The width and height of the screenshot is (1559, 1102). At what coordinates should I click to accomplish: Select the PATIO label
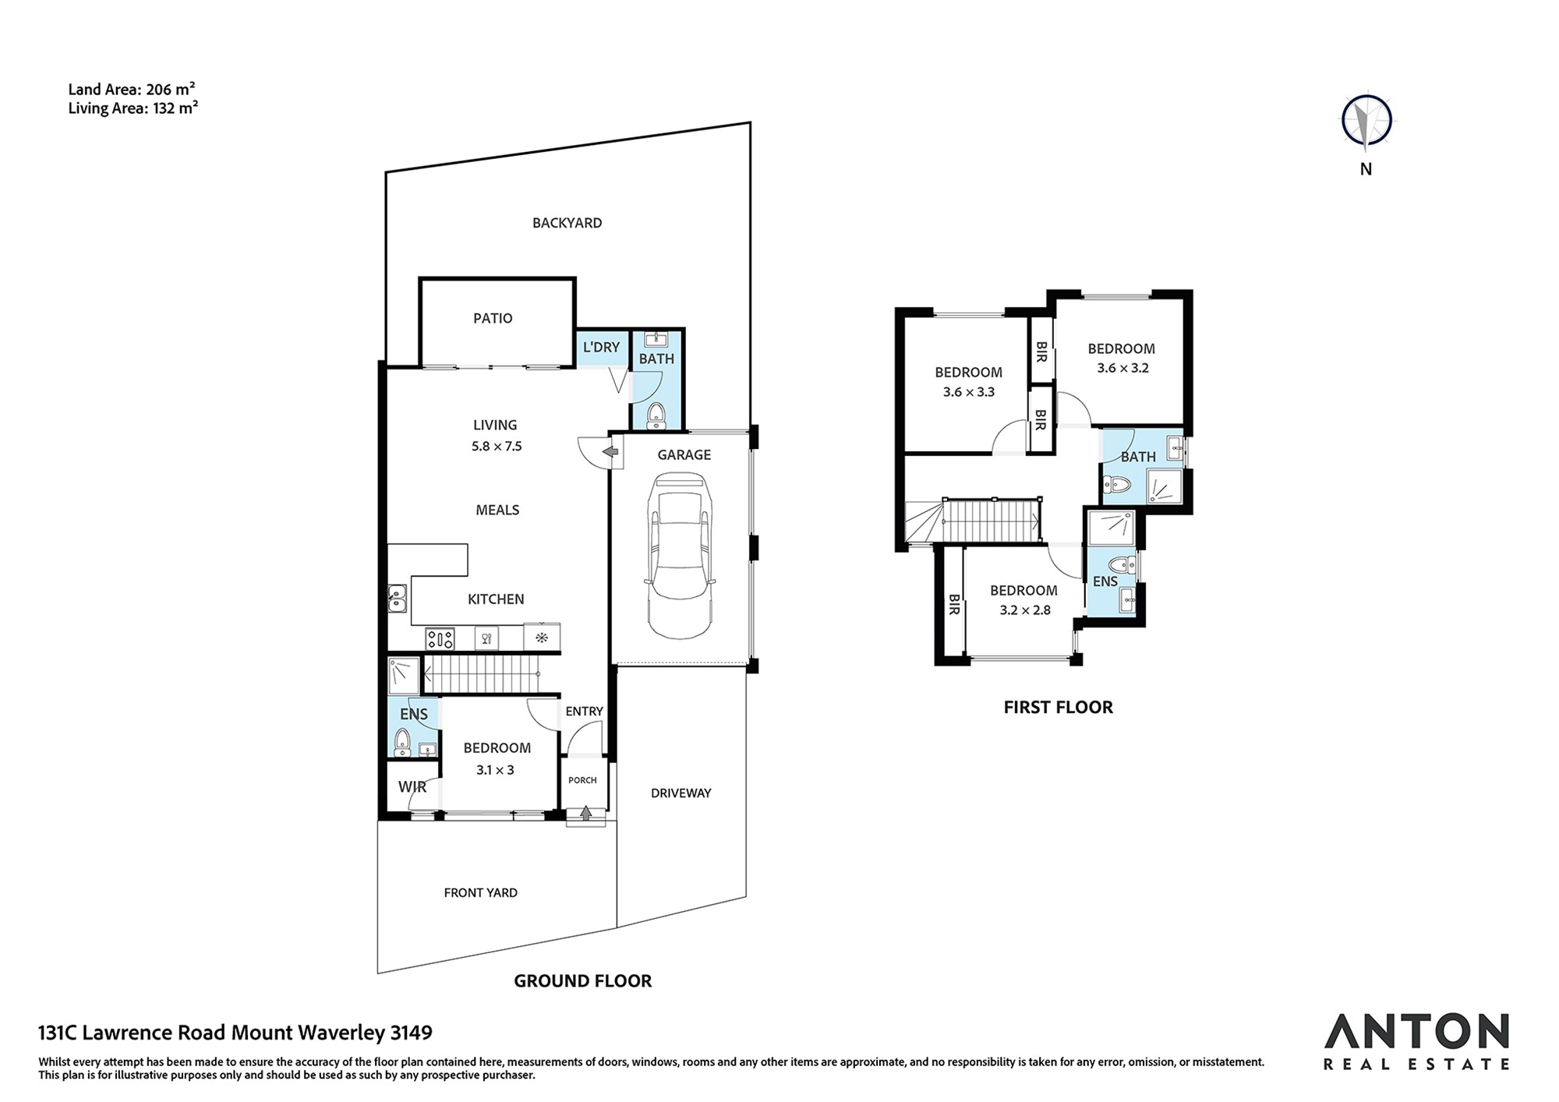click(493, 318)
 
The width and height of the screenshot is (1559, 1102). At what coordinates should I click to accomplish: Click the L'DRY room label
click(601, 347)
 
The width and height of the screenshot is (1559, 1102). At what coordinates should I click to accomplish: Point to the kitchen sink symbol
click(397, 599)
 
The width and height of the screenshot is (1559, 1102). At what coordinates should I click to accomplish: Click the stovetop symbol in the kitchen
click(440, 639)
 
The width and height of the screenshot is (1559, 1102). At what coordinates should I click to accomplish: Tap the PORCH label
click(582, 780)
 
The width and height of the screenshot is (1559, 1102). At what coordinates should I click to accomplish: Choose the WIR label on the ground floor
click(412, 787)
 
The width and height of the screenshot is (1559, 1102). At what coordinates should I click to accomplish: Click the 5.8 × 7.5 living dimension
click(497, 447)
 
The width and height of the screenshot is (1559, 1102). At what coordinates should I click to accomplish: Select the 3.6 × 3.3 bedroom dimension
click(969, 392)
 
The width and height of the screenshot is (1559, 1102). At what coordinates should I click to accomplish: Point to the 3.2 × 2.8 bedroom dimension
click(1025, 610)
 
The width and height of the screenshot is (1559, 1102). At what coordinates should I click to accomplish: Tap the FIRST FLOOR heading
click(1058, 707)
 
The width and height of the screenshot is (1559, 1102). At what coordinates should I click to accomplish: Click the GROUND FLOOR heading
click(582, 981)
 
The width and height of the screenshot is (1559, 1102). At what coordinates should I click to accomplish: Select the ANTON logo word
click(1416, 1032)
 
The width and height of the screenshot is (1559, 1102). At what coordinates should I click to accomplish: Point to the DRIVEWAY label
click(681, 793)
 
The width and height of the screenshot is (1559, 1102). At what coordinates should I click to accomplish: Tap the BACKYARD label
click(567, 223)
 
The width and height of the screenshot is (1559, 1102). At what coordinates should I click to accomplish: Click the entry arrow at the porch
click(586, 814)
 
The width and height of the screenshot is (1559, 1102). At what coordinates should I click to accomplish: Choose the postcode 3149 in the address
click(411, 1033)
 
